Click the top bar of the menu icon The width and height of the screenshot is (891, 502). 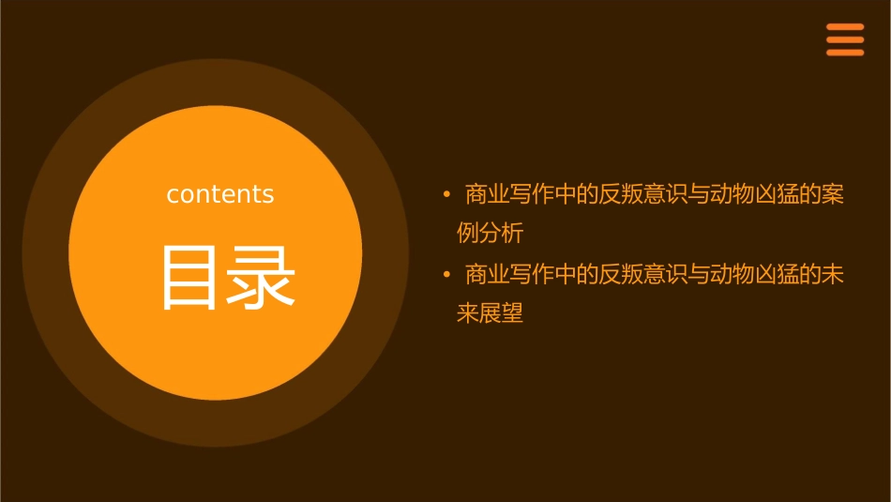(844, 27)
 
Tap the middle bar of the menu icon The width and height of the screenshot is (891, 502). (844, 39)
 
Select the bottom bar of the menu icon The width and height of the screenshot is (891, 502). (844, 53)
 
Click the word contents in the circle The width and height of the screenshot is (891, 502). (220, 194)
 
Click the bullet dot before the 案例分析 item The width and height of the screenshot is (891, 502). (447, 194)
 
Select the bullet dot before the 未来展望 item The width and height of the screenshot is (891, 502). (447, 275)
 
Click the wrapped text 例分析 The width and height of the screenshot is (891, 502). (490, 233)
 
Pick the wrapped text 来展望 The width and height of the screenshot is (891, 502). (490, 313)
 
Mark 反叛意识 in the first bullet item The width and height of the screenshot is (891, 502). (643, 194)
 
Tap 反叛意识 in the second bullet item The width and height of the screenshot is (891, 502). (643, 275)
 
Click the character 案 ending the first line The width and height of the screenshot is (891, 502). (833, 194)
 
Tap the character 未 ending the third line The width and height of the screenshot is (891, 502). (833, 275)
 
